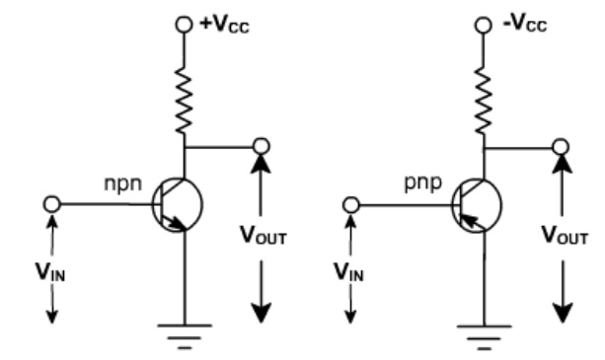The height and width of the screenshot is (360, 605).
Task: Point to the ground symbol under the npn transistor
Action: tap(183, 335)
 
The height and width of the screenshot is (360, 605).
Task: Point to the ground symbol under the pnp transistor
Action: tap(484, 335)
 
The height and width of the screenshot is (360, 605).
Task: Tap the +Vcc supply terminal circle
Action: tap(184, 24)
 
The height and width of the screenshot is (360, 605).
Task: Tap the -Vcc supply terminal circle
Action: tap(484, 24)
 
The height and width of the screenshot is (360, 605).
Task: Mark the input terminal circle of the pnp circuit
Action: tap(352, 204)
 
